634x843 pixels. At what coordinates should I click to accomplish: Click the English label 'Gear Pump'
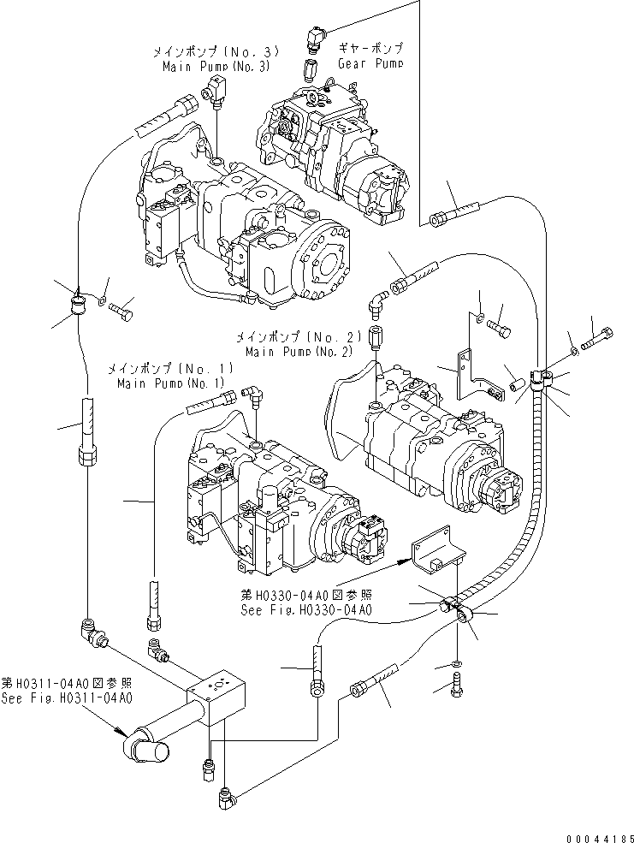[370, 63]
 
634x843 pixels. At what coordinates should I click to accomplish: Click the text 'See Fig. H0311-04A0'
[66, 698]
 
